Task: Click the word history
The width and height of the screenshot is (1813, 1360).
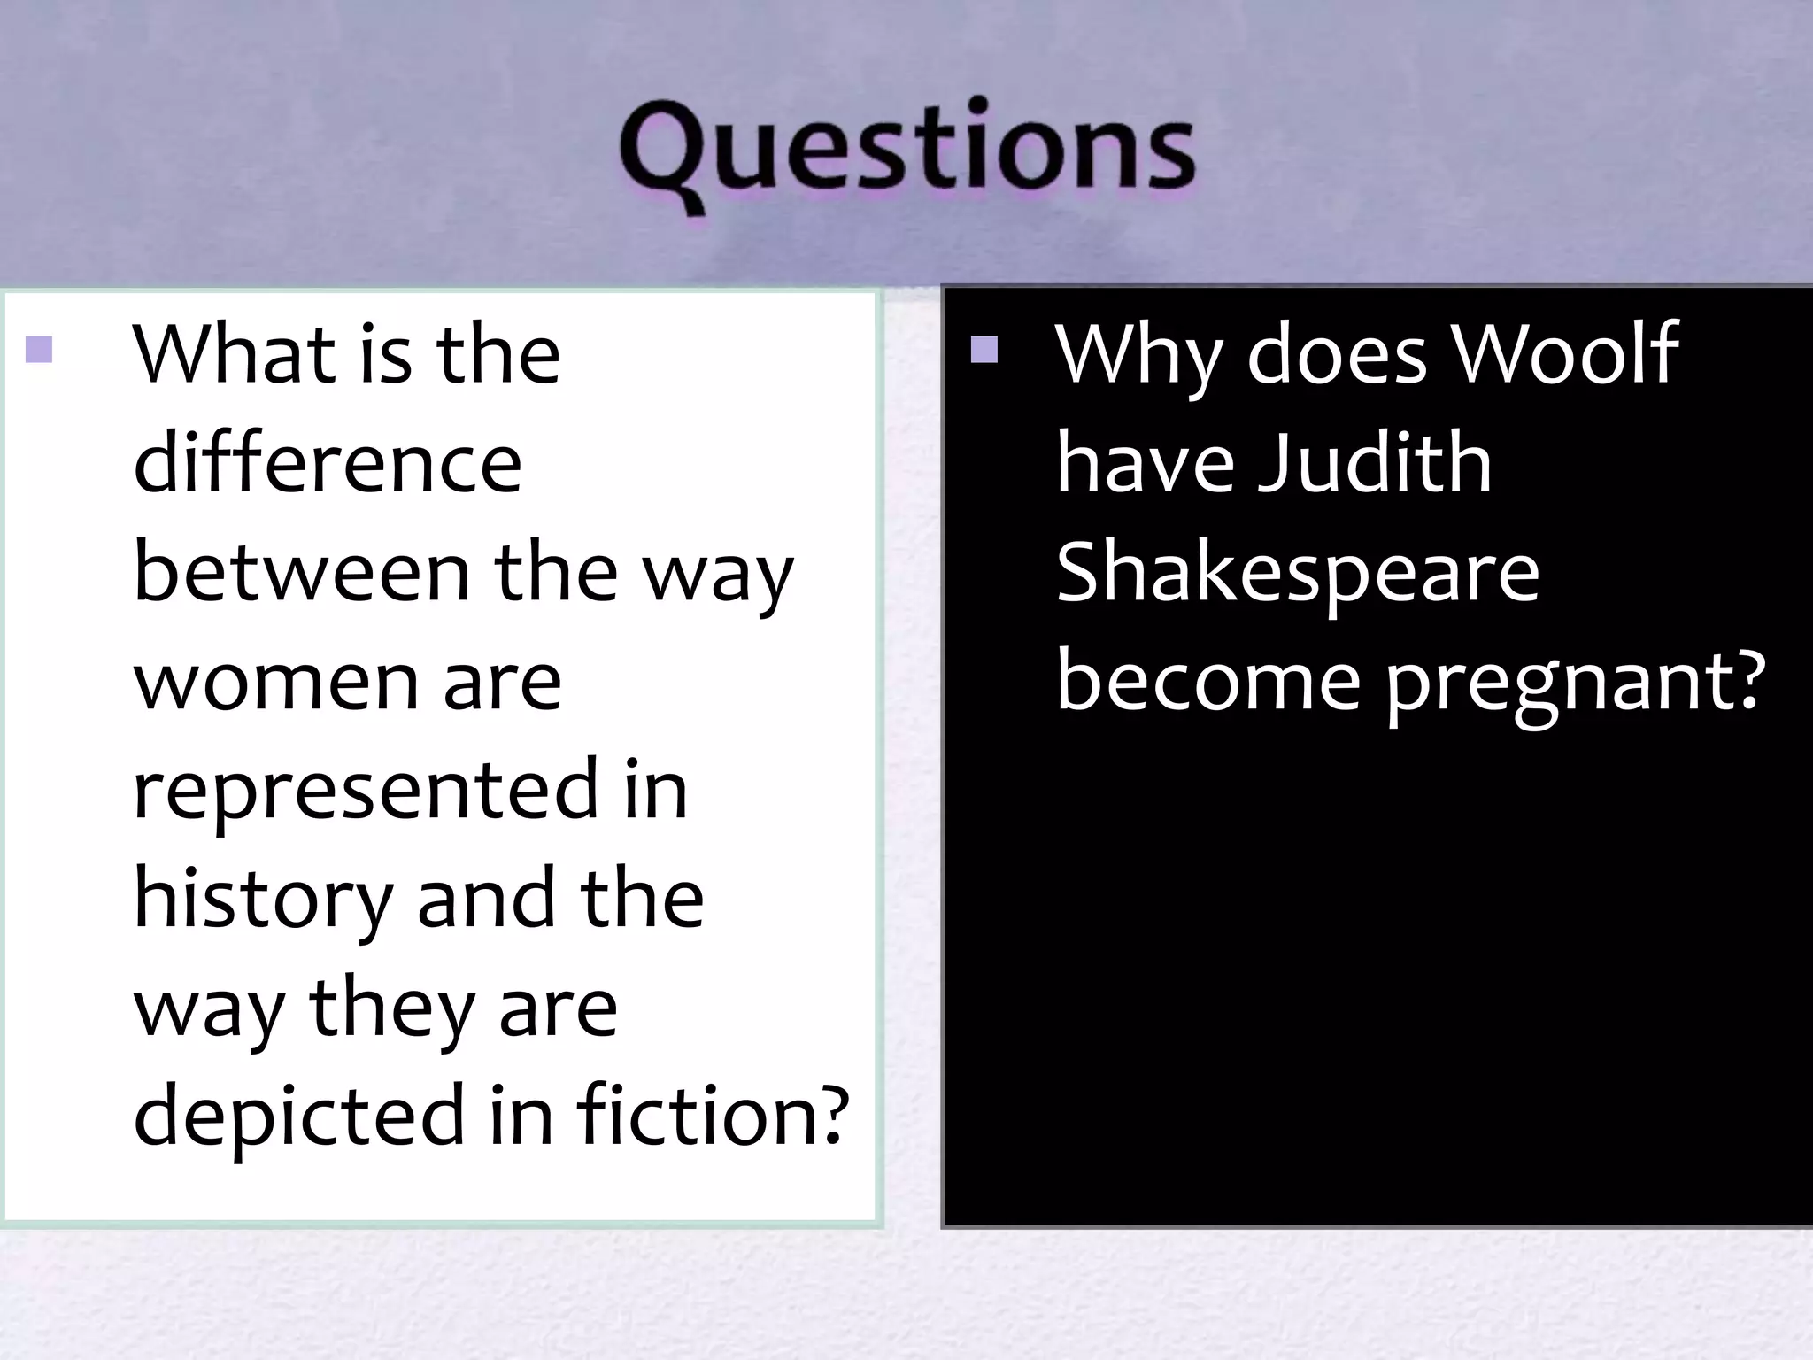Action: [x=262, y=900]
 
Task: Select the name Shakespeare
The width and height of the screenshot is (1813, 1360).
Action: [x=1298, y=574]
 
